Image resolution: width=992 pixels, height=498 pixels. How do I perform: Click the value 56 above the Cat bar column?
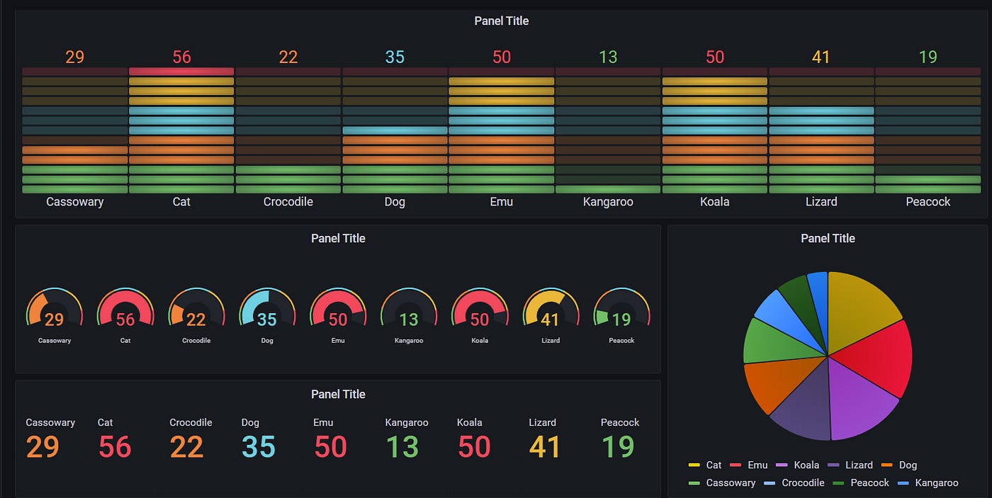tap(181, 57)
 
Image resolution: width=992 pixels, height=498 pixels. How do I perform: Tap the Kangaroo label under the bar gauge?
tap(608, 202)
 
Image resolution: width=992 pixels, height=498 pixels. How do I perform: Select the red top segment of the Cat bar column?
tap(181, 72)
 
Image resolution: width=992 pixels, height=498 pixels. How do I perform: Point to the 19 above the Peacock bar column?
tap(928, 57)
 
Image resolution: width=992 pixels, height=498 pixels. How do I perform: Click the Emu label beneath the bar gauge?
tap(502, 202)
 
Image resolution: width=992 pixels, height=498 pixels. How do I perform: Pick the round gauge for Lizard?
tap(551, 310)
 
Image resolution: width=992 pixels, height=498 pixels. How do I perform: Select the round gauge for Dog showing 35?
tap(267, 310)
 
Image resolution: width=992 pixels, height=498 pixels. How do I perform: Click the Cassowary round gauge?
tap(55, 310)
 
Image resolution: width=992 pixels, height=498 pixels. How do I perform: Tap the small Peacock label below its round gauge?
tap(621, 341)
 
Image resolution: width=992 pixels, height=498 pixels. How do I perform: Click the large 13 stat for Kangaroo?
tap(402, 447)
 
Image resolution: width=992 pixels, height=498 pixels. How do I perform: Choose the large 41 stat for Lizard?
tap(545, 447)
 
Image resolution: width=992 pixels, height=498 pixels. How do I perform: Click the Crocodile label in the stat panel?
tap(191, 422)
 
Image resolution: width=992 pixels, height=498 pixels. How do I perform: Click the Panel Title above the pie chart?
tap(828, 239)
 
